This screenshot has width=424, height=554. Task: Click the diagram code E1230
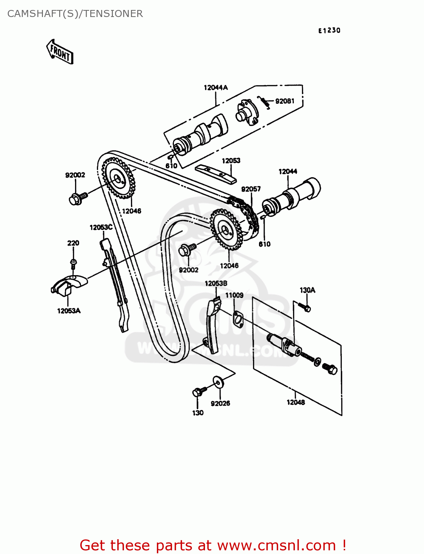[x=329, y=31]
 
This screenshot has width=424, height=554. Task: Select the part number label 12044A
[x=216, y=88]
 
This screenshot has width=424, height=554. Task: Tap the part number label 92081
[x=285, y=101]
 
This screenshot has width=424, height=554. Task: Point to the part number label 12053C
[x=101, y=228]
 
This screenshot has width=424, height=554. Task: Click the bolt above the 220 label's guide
[x=73, y=263]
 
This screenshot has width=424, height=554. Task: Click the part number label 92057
[x=251, y=189]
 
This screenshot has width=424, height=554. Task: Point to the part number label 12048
[x=296, y=402]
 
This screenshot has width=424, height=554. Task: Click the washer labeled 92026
[x=218, y=382]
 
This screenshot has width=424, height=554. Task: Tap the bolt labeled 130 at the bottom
[x=198, y=392]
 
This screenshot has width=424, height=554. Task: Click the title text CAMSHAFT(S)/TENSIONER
[x=75, y=14]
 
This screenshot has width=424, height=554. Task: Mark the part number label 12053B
[x=216, y=283]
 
